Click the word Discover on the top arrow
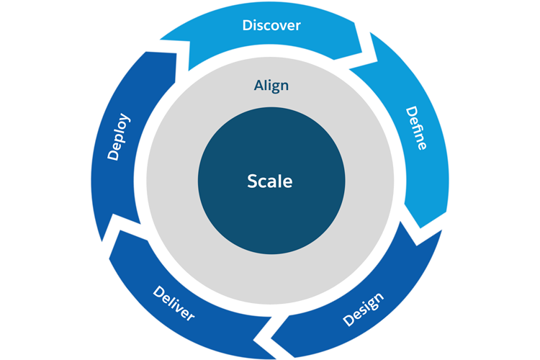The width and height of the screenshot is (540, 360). click(271, 25)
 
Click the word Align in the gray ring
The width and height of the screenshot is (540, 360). click(271, 85)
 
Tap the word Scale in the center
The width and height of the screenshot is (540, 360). click(270, 181)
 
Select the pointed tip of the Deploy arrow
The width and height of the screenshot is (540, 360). click(186, 53)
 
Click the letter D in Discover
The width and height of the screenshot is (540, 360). click(247, 25)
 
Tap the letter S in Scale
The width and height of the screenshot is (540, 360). click(252, 181)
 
